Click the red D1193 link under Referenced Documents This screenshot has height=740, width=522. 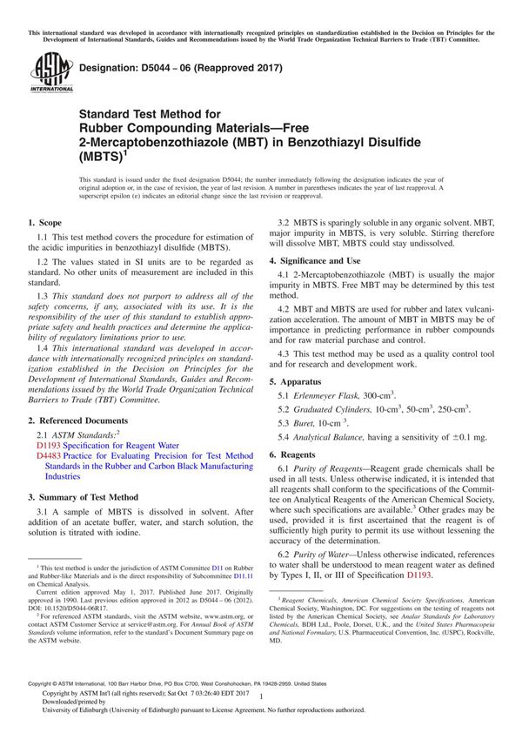pos(47,444)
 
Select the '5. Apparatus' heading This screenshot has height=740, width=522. pos(300,358)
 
